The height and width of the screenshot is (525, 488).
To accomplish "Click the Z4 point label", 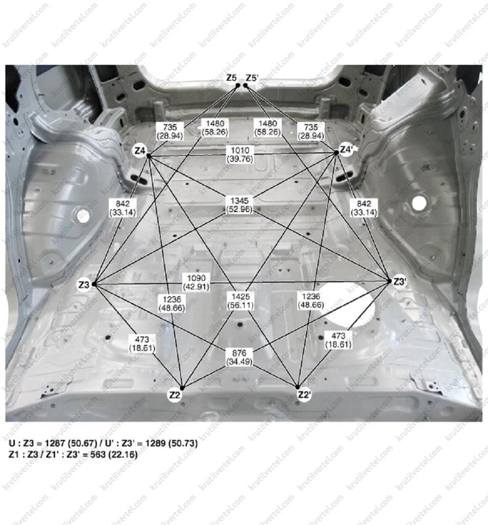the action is coord(140,151).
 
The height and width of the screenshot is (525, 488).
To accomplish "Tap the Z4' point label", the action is coord(346,150).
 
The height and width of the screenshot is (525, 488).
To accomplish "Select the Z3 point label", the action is coord(84,284).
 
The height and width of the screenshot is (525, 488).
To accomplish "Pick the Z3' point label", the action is coord(399,282).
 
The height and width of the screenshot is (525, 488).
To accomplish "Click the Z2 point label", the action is coord(175,396).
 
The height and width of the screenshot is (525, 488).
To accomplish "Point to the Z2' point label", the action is coord(304,395).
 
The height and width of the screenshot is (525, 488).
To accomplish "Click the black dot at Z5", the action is coord(238,86).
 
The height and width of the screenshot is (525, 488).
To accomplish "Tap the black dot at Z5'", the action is coord(245,86).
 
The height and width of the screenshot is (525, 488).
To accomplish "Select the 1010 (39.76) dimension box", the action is coord(240,154).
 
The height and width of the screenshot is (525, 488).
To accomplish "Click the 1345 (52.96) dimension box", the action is coord(240,205).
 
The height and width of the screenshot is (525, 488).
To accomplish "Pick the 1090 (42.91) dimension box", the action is coord(196,282).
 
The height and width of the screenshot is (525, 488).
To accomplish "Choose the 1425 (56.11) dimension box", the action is coord(241,300).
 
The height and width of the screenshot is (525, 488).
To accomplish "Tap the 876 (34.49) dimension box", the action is coord(239,357).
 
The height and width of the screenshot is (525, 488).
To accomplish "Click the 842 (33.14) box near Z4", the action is coord(123,208).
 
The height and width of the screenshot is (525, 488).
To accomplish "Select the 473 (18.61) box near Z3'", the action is coord(338,340).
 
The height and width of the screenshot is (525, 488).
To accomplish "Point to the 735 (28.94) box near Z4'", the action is coord(311,131).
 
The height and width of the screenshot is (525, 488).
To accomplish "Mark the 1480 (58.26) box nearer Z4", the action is coord(215,128).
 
